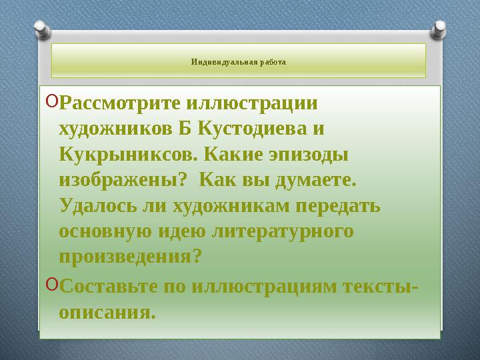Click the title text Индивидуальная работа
[238, 62]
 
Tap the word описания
[107, 311]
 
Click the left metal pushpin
[41, 28]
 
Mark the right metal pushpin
[440, 28]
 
